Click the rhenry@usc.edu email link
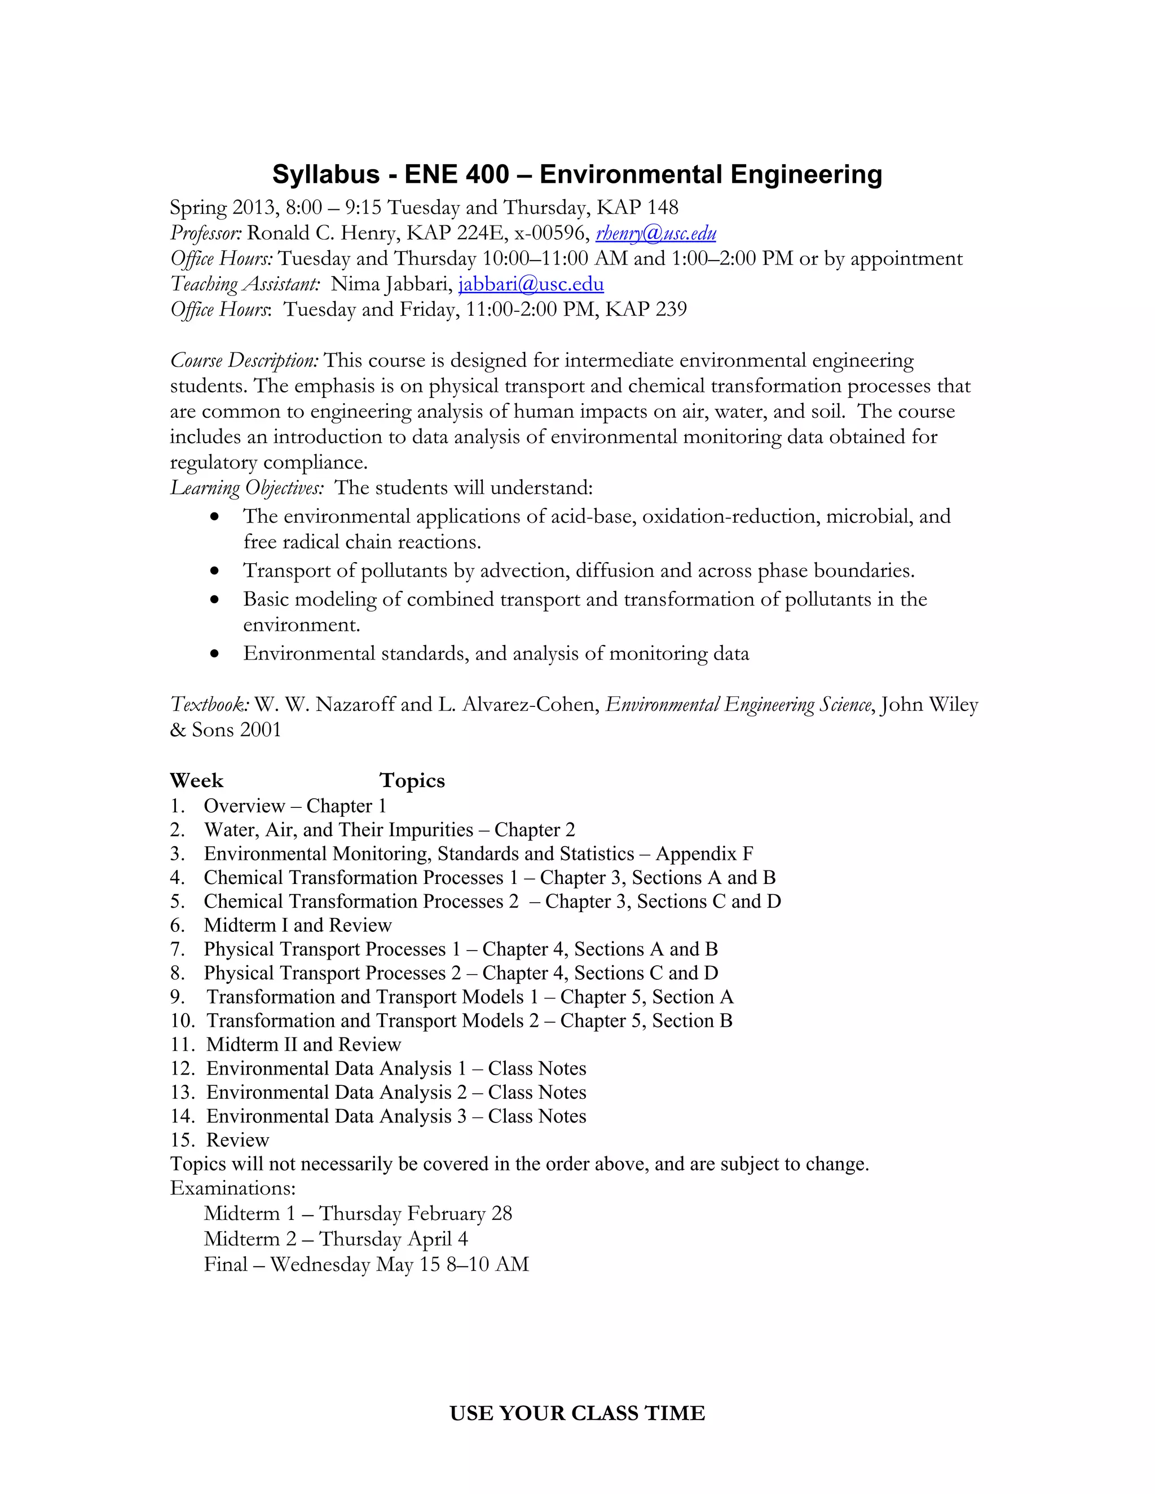655,233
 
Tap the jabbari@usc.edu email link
531,284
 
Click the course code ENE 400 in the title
456,174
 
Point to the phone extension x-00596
552,233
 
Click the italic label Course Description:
244,360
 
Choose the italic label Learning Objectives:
247,488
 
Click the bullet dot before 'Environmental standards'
215,654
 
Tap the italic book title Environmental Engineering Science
739,705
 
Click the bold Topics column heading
412,780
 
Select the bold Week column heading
196,780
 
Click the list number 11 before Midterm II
182,1045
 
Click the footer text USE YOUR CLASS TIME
577,1408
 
